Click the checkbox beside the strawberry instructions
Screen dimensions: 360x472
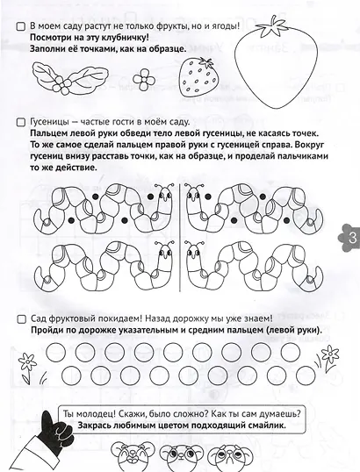pos(20,26)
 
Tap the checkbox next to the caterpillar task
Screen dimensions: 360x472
pos(20,122)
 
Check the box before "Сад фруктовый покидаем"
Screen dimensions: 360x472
pos(21,319)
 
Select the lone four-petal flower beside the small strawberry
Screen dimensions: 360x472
pos(144,80)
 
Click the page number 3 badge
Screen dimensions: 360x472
pos(349,238)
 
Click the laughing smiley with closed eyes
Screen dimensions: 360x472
pos(133,455)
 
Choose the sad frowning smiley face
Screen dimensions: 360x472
pos(229,457)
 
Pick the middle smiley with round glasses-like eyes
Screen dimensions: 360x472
pos(181,456)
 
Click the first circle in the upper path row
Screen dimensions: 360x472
pos(55,352)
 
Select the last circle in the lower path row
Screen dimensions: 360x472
pos(306,375)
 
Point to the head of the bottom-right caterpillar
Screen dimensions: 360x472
pos(194,252)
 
